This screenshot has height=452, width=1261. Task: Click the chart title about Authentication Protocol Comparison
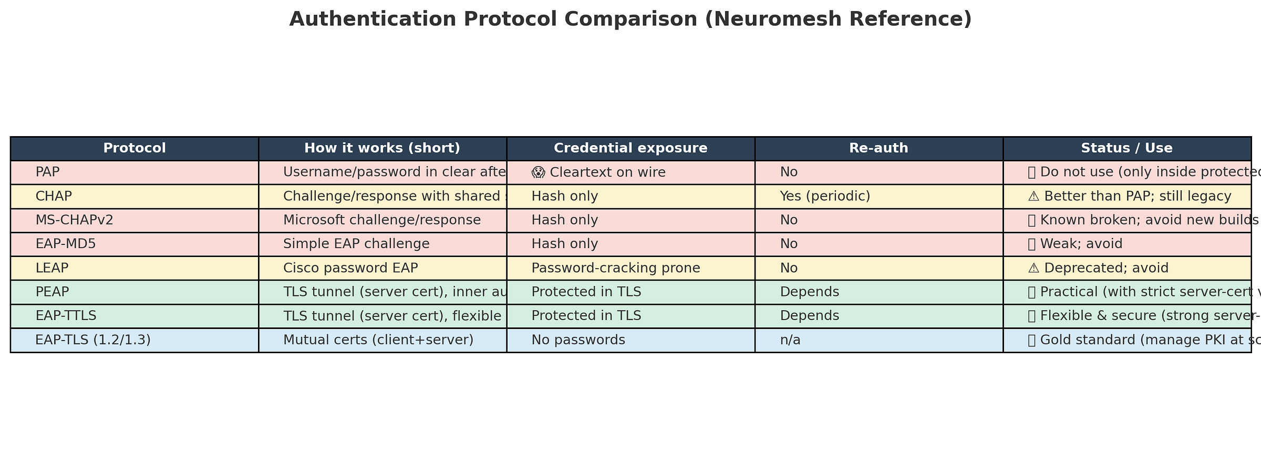[x=630, y=19]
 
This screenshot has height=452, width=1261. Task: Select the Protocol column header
[x=135, y=148]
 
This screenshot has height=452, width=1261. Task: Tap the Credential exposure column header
[x=630, y=148]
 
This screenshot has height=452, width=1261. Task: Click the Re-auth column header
[x=878, y=148]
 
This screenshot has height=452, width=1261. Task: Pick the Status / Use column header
[x=1126, y=148]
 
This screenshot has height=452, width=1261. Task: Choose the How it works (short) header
[x=383, y=148]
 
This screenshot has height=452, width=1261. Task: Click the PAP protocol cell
[x=46, y=172]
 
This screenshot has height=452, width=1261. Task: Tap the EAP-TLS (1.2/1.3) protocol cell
[x=93, y=340]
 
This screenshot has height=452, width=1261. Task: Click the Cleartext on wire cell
[x=598, y=172]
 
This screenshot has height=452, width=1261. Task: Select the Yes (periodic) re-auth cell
[x=825, y=197]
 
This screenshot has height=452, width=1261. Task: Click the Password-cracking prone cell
[x=616, y=268]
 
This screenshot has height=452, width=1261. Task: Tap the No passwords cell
[x=578, y=340]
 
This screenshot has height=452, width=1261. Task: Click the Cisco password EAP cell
[x=350, y=268]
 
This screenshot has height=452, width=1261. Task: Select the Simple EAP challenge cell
[x=356, y=244]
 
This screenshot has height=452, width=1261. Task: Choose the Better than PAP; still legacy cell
[x=1130, y=197]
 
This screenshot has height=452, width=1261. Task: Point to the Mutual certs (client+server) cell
[x=378, y=340]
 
